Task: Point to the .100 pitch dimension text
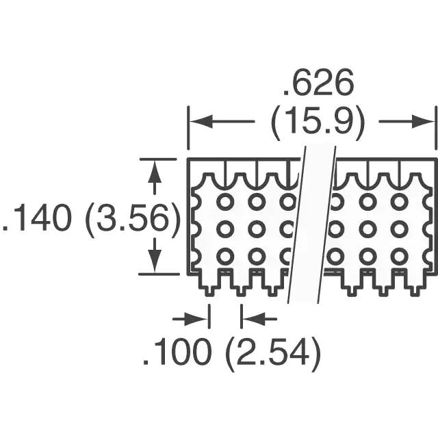[177, 351]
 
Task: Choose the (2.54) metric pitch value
[272, 352]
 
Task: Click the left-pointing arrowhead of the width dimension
[201, 122]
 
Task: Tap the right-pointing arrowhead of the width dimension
[423, 122]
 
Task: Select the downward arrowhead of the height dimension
[155, 260]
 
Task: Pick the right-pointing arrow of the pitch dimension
[191, 319]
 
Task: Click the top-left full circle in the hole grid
[225, 201]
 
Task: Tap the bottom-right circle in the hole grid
[399, 256]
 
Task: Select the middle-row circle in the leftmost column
[225, 229]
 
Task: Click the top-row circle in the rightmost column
[399, 201]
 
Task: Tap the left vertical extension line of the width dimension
[189, 128]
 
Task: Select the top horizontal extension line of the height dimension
[157, 159]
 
